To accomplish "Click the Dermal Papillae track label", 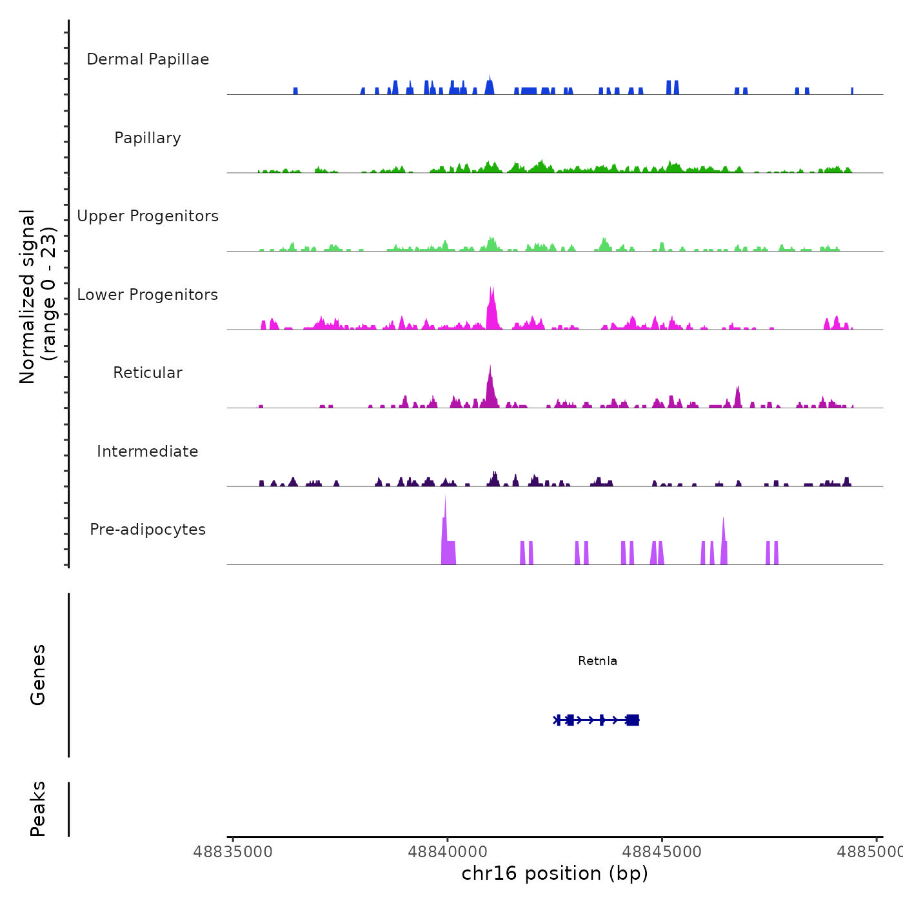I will point(148,59).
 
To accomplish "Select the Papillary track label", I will point(148,138).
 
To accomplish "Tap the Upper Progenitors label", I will point(148,216).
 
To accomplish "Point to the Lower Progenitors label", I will point(148,295).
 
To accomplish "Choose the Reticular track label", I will point(148,373).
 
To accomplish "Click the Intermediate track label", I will point(148,451).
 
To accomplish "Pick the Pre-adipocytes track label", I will point(148,530).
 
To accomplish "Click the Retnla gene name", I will point(597,661).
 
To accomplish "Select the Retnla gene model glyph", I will point(597,720).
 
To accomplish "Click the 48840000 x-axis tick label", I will point(448,852).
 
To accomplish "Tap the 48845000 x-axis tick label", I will point(662,852).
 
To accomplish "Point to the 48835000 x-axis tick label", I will point(233,852).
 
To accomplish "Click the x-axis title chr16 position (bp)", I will point(555,873).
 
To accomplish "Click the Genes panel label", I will point(38,675).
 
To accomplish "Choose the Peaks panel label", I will point(38,809).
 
